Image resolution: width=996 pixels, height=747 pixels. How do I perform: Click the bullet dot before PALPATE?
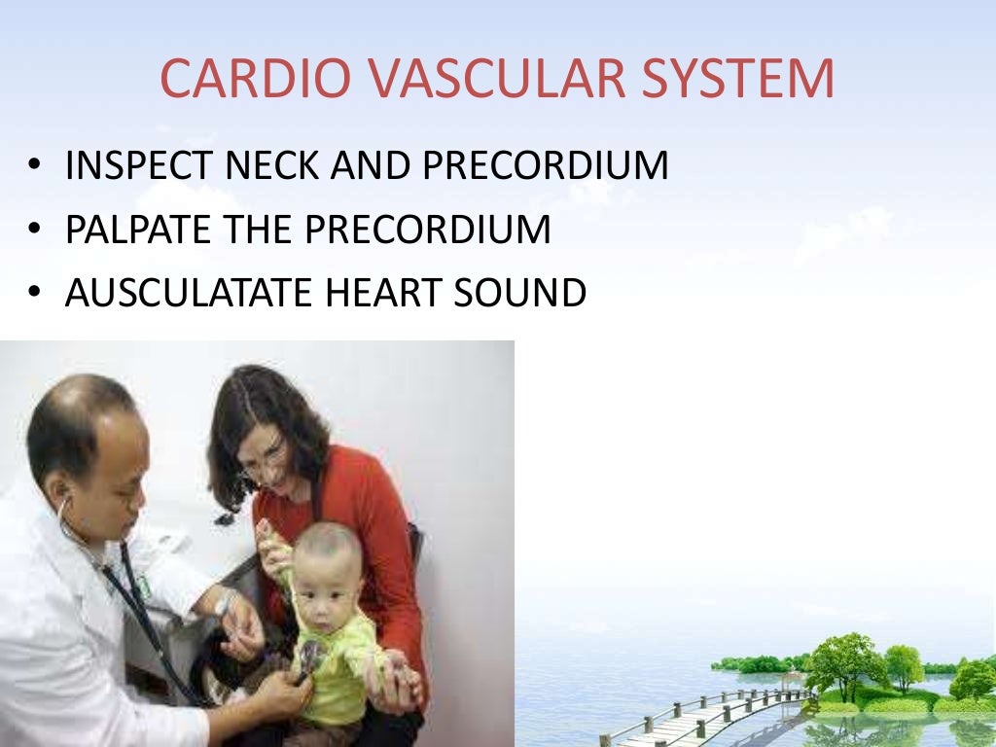[34, 231]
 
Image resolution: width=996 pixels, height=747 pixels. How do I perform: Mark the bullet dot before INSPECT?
[34, 167]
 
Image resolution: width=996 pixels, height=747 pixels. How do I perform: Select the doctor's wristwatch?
[225, 604]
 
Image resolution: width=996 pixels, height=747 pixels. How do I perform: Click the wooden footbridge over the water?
[700, 715]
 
